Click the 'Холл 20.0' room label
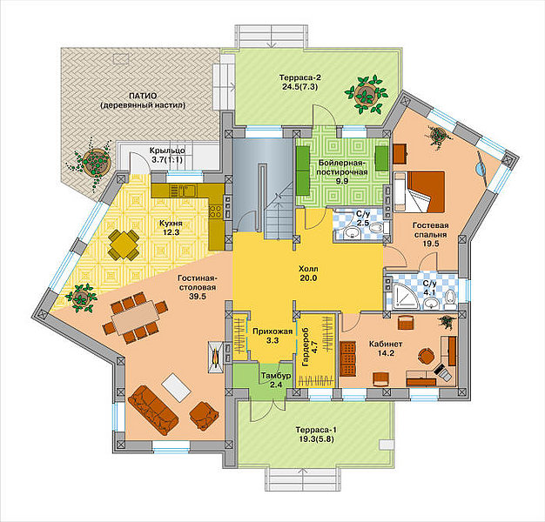[x=308, y=273]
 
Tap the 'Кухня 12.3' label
[x=171, y=227]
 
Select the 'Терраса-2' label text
[x=299, y=77]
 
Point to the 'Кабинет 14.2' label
[x=386, y=348]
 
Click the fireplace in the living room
[x=216, y=357]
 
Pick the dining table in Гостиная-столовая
[x=134, y=318]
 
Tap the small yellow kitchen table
[x=124, y=244]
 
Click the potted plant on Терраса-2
[x=366, y=93]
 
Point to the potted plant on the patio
[x=93, y=163]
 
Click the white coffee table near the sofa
[x=176, y=388]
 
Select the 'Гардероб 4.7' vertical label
[x=310, y=347]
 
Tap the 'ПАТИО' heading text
[x=143, y=96]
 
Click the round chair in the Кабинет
[x=426, y=357]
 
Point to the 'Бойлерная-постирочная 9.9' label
[x=343, y=171]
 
